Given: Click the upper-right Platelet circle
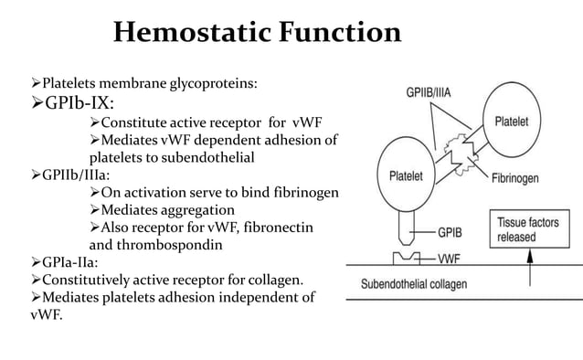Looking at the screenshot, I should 521,122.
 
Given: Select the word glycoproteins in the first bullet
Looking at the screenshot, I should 212,84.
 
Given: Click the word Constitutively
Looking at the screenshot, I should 65,280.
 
